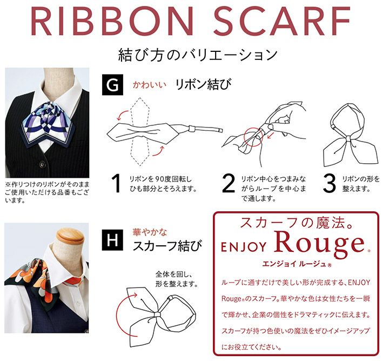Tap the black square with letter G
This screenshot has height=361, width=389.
pyautogui.click(x=112, y=85)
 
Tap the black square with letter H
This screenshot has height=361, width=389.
pyautogui.click(x=112, y=240)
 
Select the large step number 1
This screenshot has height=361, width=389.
pyautogui.click(x=116, y=183)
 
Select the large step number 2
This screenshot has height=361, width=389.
pyautogui.click(x=228, y=183)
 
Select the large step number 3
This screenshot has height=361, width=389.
pyautogui.click(x=329, y=183)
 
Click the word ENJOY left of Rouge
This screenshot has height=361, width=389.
pyautogui.click(x=243, y=247)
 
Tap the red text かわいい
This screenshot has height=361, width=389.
pyautogui.click(x=149, y=85)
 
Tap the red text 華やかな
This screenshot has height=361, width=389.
pyautogui.click(x=150, y=232)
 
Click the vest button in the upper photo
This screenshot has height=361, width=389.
pyautogui.click(x=43, y=164)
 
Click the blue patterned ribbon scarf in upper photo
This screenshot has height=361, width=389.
pyautogui.click(x=49, y=123)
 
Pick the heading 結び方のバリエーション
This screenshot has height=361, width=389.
pyautogui.click(x=198, y=55)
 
